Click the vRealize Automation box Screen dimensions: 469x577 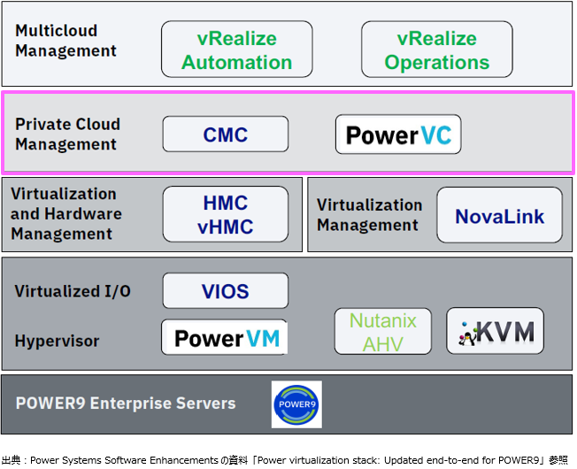(x=236, y=50)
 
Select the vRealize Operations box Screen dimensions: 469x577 (x=436, y=50)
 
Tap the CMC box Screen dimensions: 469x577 (x=225, y=135)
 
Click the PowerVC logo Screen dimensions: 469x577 (x=398, y=135)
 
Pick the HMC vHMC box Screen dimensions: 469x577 (x=225, y=214)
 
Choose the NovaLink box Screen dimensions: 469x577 (x=499, y=215)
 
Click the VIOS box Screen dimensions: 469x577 (x=225, y=291)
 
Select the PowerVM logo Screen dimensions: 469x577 (x=225, y=338)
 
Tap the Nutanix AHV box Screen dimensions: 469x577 (x=382, y=332)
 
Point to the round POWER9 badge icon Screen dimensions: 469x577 (x=296, y=404)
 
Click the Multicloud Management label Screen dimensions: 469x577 (x=65, y=41)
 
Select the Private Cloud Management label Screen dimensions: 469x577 (x=67, y=135)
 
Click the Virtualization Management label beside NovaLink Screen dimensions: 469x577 (x=369, y=215)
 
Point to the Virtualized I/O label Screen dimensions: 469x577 (x=73, y=291)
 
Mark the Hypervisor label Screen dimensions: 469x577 (x=57, y=341)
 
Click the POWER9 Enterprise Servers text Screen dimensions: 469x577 (x=126, y=404)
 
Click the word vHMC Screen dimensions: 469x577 (x=225, y=226)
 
